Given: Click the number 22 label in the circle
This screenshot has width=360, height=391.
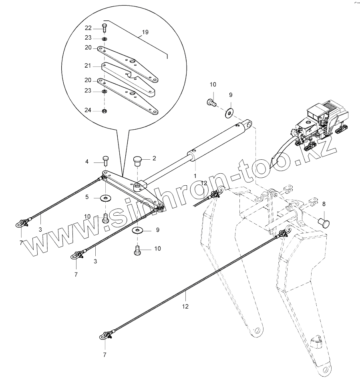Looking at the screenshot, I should (88, 28).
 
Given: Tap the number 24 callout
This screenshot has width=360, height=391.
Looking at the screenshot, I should (88, 110).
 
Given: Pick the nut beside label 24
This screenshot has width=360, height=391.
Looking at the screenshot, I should (104, 110).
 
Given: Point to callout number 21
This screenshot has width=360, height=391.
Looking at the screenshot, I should (88, 65).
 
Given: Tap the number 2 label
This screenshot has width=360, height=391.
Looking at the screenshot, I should (154, 158).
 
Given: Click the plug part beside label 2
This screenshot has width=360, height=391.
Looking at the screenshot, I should (138, 161).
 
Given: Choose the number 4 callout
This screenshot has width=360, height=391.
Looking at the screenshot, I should (87, 162).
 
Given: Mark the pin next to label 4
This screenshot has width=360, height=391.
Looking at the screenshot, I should (106, 160).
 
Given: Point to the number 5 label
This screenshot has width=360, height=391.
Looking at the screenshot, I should (87, 197).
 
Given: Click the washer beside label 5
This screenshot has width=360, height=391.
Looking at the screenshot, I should (106, 198).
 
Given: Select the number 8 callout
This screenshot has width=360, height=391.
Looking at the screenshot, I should (324, 204).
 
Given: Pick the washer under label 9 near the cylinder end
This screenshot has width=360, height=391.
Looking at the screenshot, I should (229, 113).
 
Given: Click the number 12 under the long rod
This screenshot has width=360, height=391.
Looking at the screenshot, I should (185, 307).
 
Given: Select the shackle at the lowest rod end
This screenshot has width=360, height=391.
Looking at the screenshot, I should (107, 335).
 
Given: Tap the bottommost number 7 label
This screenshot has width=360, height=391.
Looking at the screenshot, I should (105, 355).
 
